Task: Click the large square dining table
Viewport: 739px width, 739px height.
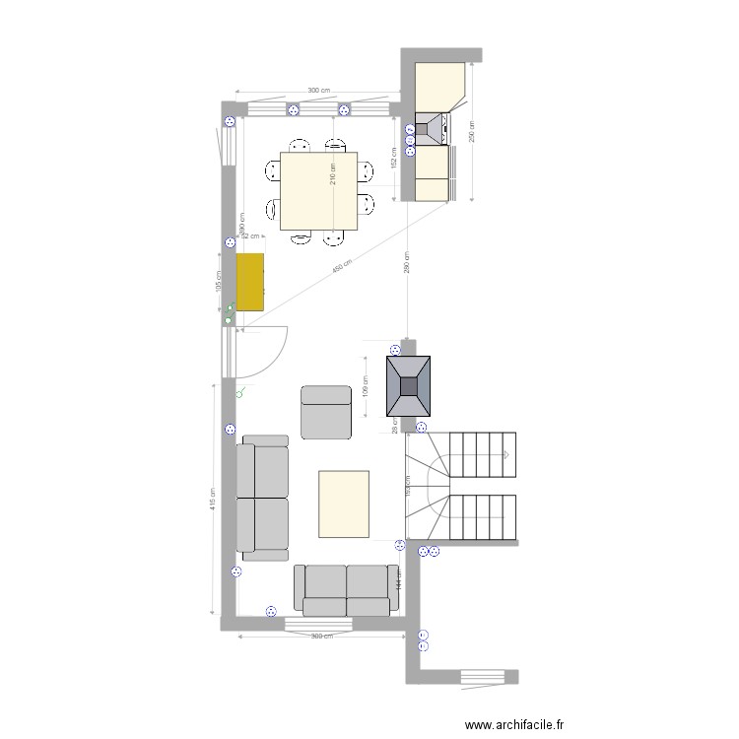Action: click(318, 190)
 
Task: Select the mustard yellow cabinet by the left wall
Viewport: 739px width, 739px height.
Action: click(250, 282)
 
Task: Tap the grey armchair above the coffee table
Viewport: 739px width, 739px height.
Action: click(325, 412)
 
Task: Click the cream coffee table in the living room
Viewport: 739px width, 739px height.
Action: click(344, 504)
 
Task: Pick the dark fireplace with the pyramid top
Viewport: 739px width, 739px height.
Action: click(408, 385)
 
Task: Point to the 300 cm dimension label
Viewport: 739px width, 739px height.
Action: click(318, 91)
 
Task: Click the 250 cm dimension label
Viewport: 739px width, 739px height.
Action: click(471, 131)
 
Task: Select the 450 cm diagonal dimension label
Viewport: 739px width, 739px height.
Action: click(340, 269)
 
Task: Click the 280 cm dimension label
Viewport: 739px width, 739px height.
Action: click(406, 262)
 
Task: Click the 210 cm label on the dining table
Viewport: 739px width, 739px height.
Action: click(334, 174)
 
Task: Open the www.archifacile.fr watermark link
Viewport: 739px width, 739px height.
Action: click(515, 724)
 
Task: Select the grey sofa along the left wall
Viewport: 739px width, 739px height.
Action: click(263, 498)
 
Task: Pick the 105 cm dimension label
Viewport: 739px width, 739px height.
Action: click(219, 282)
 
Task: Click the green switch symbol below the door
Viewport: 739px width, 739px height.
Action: click(241, 392)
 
